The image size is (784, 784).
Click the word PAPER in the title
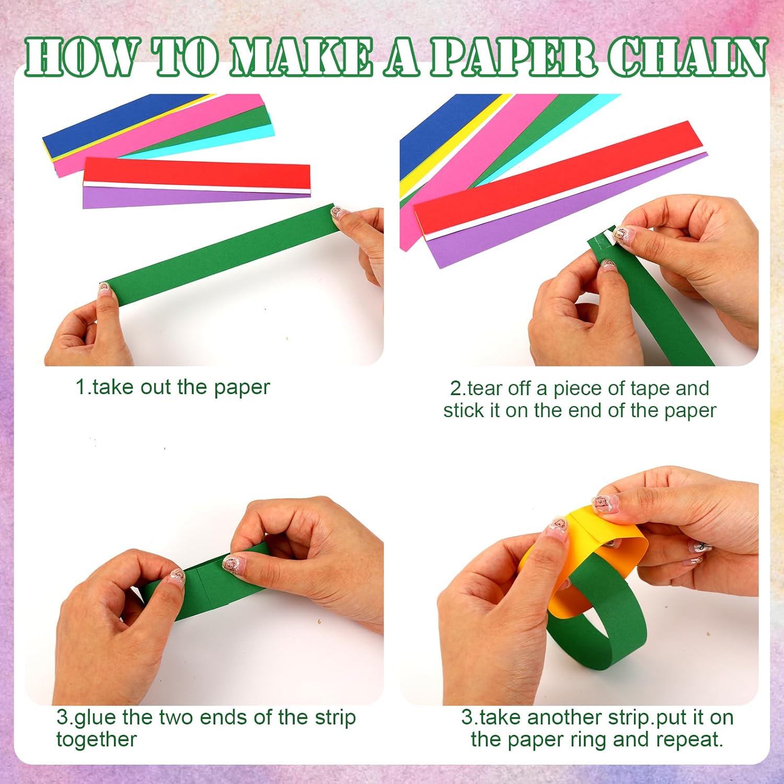(x=513, y=57)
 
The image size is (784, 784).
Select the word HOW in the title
(x=81, y=57)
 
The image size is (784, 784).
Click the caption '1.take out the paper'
(x=172, y=388)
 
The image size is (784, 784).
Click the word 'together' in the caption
(x=97, y=740)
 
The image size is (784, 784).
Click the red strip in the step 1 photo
(x=196, y=172)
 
